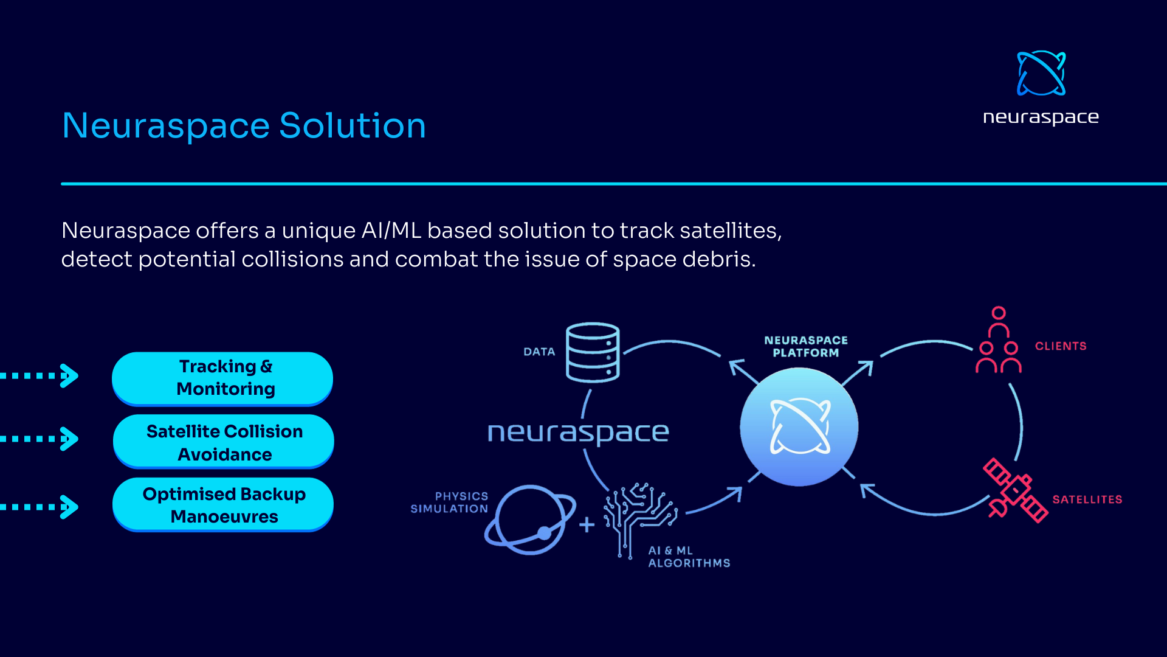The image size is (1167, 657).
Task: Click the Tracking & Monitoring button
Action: (x=222, y=378)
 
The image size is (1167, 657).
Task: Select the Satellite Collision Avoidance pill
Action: (x=224, y=442)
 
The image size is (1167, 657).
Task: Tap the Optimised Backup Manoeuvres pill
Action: (x=223, y=505)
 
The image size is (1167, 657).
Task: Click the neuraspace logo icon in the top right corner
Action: (x=1041, y=74)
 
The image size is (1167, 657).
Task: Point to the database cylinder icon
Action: (x=593, y=352)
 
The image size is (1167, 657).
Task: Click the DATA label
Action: (x=539, y=352)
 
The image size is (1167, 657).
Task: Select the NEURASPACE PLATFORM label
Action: (x=806, y=347)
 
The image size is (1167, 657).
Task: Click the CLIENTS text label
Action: (x=1061, y=346)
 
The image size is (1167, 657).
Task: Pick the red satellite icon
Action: (x=1016, y=490)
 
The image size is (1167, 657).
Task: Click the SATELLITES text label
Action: (x=1087, y=499)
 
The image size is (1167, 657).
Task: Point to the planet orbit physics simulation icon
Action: (x=530, y=520)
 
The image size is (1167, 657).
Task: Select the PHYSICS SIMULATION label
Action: (x=450, y=502)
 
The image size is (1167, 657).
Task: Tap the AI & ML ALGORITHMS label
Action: (x=689, y=557)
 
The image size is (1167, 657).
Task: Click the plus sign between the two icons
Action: (x=587, y=524)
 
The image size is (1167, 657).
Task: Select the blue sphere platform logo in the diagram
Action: (x=799, y=427)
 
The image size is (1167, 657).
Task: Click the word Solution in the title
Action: (x=353, y=126)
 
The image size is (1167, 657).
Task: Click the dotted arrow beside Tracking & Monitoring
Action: (x=40, y=376)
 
